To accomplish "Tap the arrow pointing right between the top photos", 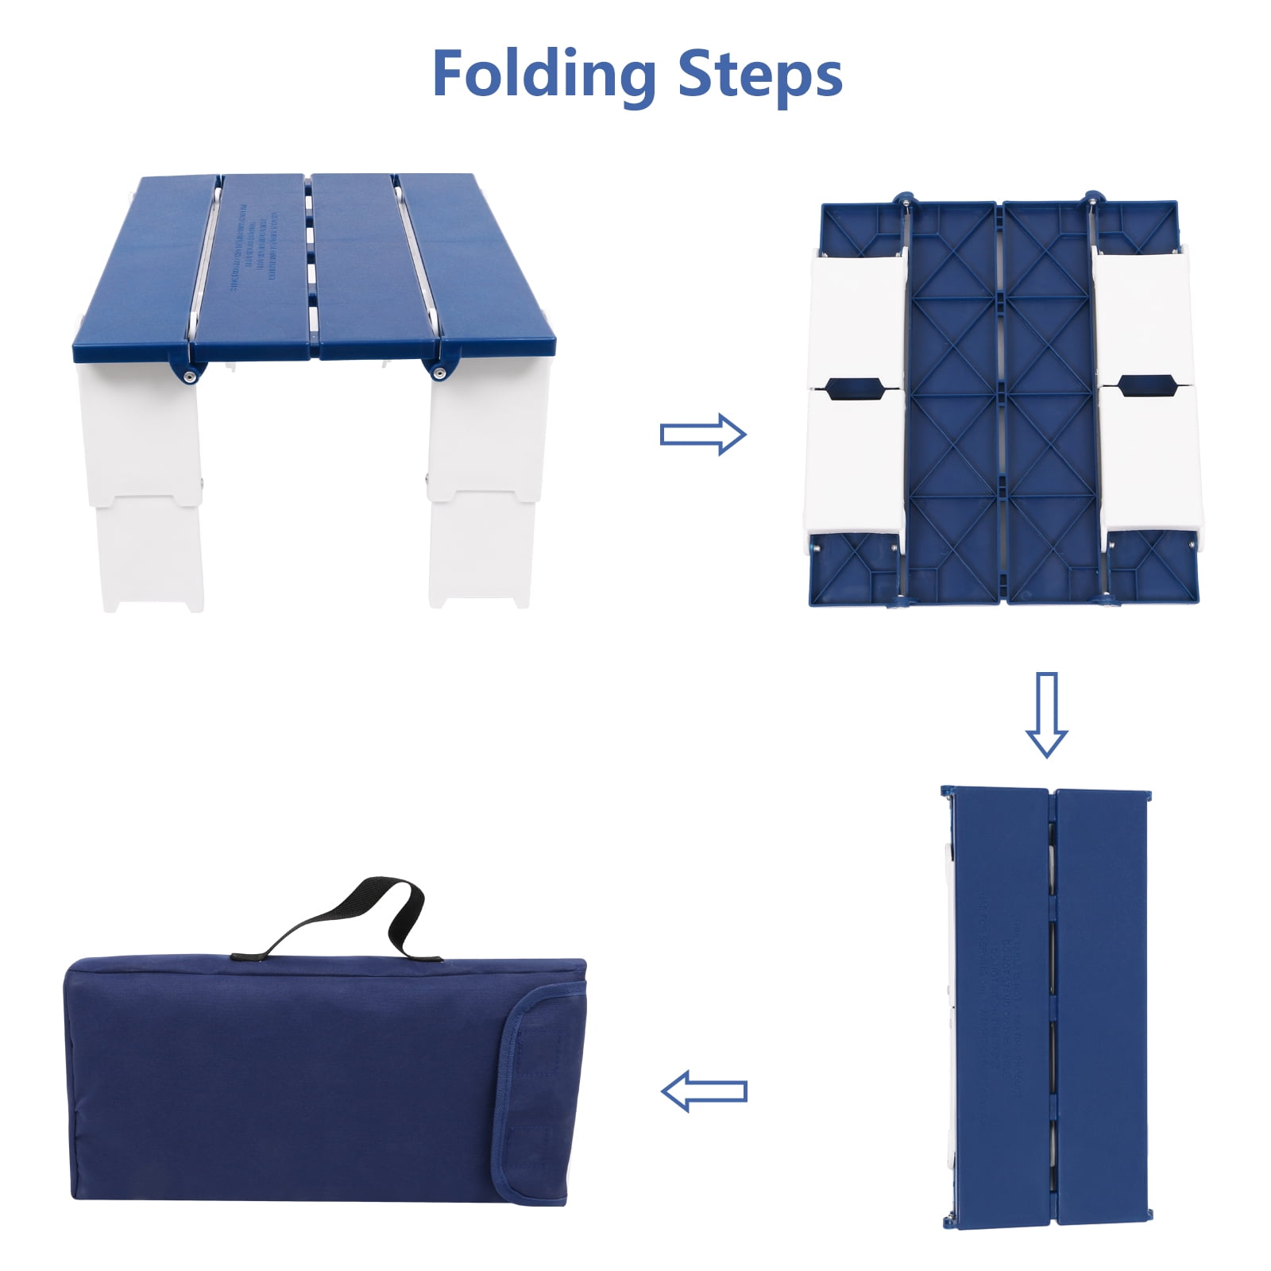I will (703, 434).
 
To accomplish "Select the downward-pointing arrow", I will (1046, 713).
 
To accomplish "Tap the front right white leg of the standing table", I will (481, 485).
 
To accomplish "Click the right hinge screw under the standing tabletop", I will (437, 371).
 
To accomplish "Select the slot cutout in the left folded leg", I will (854, 388).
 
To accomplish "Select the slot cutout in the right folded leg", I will (1146, 386).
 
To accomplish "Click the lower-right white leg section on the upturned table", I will (1150, 461).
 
